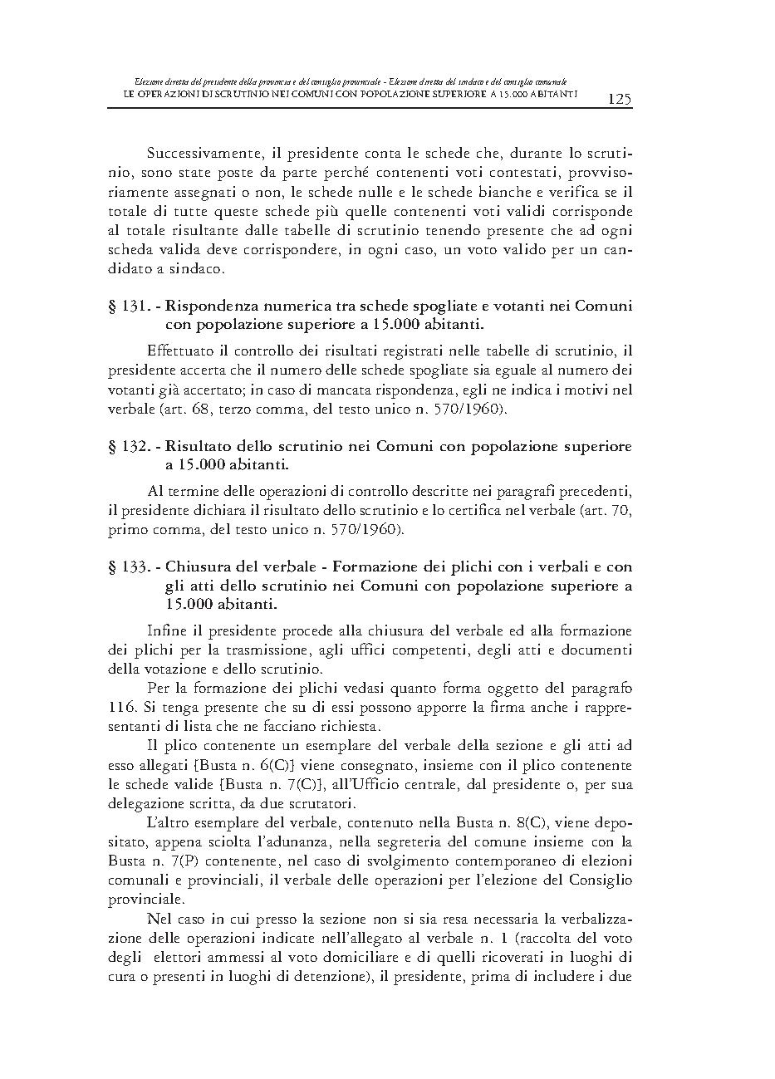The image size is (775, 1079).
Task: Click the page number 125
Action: pos(620,100)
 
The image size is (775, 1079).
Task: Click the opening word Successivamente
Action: pos(201,154)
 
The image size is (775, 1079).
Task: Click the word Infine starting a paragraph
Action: pos(165,630)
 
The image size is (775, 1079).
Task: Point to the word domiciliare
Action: pos(349,958)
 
